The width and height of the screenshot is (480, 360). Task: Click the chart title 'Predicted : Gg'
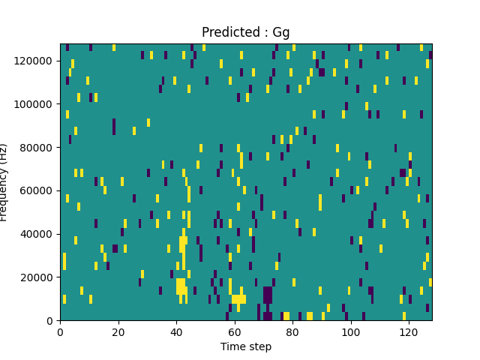point(245,32)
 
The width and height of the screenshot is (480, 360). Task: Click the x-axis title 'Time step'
point(245,346)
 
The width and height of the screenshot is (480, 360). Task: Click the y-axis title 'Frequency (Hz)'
point(4,182)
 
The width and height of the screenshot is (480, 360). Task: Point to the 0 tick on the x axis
point(60,332)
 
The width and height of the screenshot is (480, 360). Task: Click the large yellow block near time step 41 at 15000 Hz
point(181,286)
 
